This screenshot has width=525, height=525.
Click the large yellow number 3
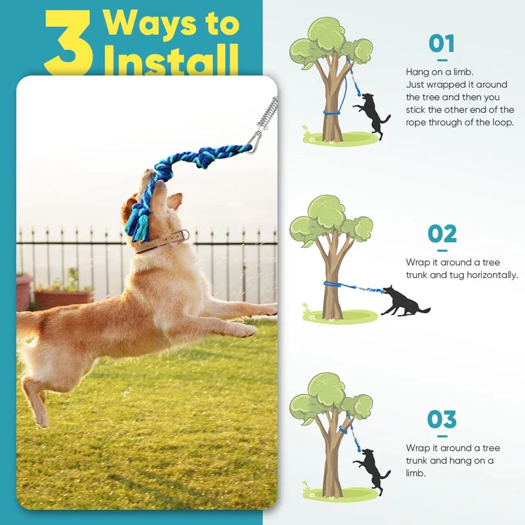(x=69, y=42)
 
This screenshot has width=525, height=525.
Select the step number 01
(x=442, y=43)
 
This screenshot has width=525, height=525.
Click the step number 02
(x=442, y=234)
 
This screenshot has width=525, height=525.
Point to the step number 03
(x=442, y=419)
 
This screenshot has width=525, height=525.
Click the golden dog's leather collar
(x=161, y=241)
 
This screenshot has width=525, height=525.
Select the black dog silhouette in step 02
(x=404, y=301)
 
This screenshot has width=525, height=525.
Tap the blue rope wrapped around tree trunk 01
(x=331, y=113)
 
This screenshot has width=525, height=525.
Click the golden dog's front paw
(x=244, y=331)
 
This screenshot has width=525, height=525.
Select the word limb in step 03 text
(x=415, y=473)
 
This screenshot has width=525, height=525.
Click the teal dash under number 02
(x=442, y=251)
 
